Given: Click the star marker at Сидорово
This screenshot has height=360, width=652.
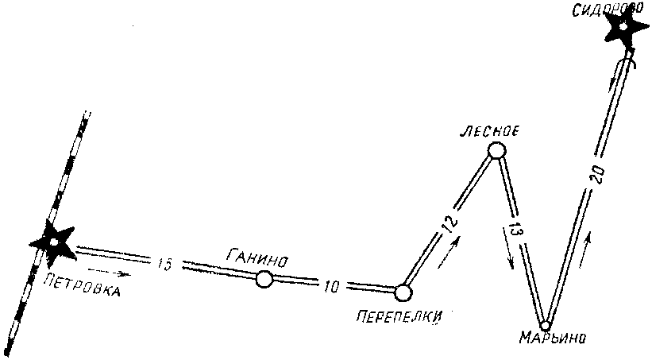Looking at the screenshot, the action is coord(624,29).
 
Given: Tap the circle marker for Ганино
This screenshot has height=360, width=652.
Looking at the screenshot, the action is coord(264,278).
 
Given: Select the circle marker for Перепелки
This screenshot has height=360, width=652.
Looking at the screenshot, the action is coord(403,292).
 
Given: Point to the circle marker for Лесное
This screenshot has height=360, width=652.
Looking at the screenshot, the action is coord(496,150).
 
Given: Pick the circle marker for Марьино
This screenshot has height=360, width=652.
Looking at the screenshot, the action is coord(545,324).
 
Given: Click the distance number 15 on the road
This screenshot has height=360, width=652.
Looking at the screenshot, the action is coord(164,263).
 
